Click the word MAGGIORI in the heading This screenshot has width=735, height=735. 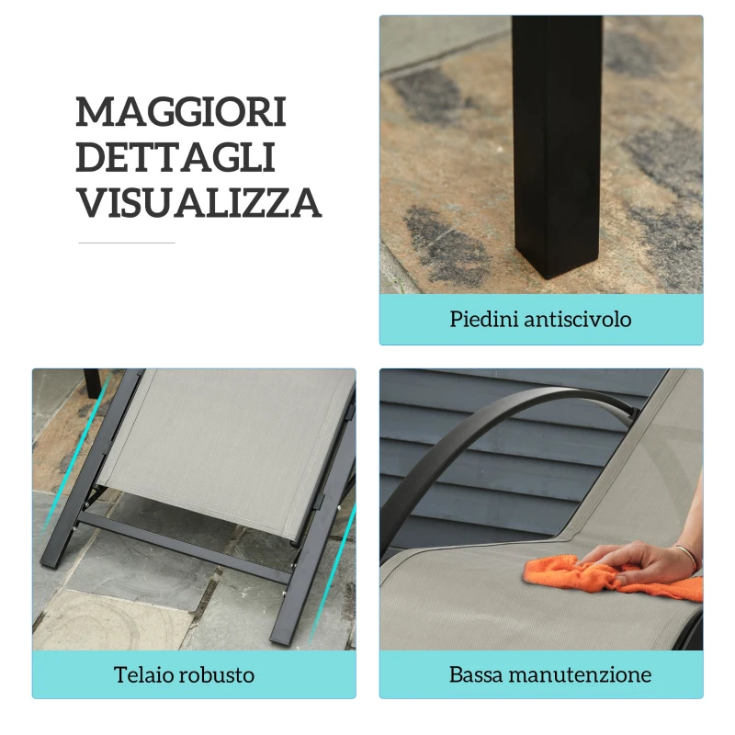(181, 111)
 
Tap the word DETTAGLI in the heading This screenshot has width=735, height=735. (175, 157)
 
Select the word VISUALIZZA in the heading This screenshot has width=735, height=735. (198, 202)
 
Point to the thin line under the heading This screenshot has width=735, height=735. (127, 243)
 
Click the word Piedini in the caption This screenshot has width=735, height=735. (484, 319)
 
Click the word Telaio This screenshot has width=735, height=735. (143, 674)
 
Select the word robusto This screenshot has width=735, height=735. (217, 674)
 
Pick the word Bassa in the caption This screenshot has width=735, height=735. (476, 674)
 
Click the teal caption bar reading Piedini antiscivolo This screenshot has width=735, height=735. (541, 319)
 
